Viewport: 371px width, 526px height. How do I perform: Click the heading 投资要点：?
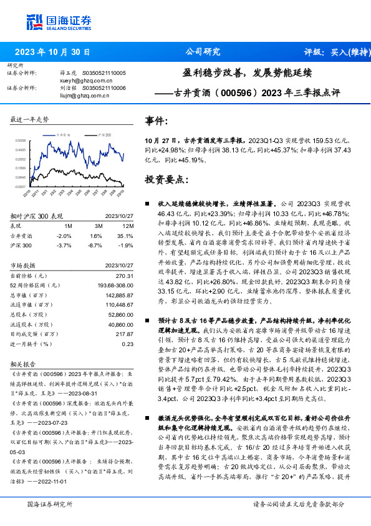(166, 179)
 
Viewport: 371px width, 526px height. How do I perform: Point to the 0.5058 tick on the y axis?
(21, 141)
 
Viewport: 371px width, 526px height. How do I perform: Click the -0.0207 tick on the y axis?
(21, 186)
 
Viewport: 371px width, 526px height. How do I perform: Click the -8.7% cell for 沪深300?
(96, 245)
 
